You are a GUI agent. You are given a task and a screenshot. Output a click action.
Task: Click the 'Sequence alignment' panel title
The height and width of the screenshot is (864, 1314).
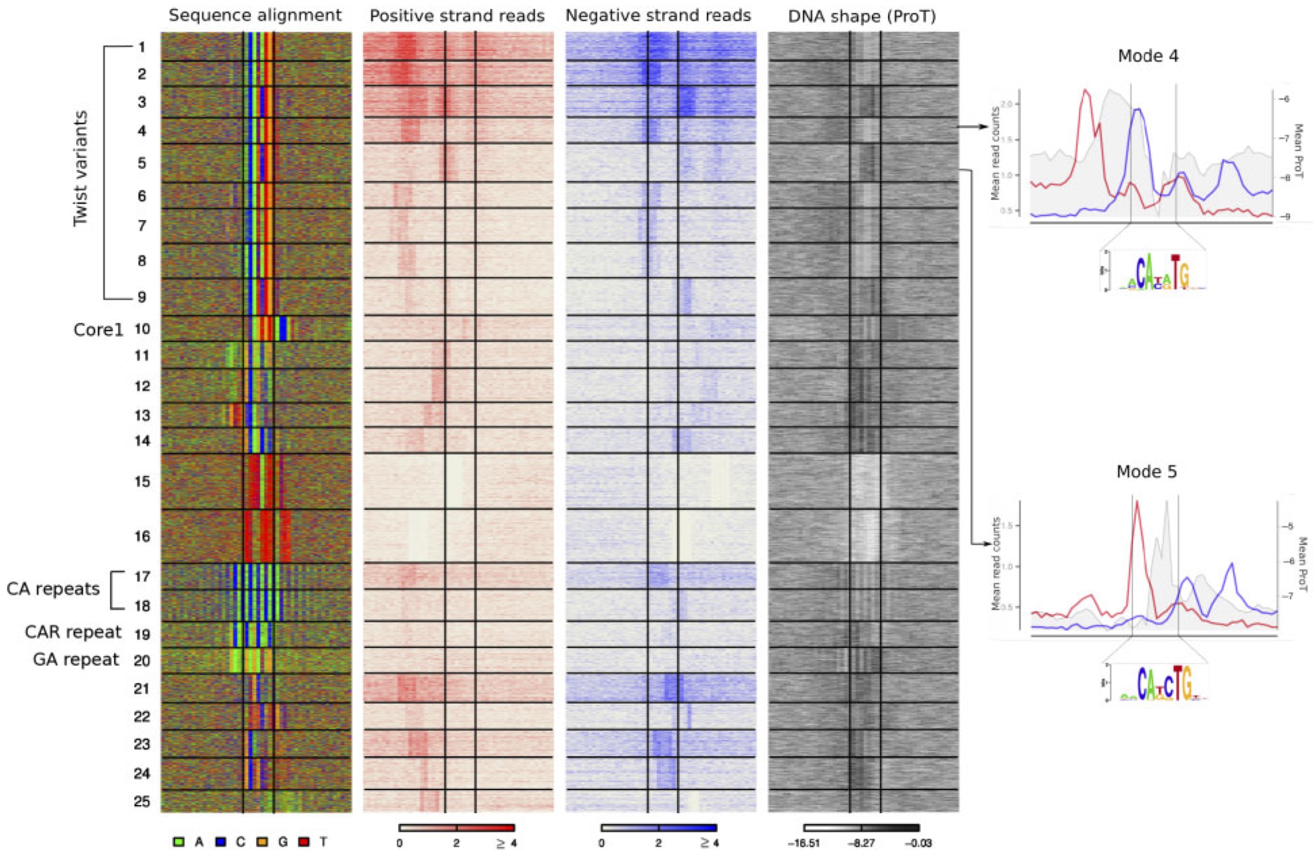(x=255, y=15)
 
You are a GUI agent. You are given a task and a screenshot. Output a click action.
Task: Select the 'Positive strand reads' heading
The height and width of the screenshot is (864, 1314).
(x=457, y=16)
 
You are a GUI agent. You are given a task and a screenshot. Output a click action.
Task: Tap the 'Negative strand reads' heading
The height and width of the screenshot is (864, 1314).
(x=658, y=15)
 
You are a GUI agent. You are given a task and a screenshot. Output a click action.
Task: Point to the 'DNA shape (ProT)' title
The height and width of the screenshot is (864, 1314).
(x=862, y=17)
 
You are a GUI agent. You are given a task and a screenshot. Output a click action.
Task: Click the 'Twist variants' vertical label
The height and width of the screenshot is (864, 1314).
(x=81, y=169)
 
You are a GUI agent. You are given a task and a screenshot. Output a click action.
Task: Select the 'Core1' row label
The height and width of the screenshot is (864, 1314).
(x=98, y=329)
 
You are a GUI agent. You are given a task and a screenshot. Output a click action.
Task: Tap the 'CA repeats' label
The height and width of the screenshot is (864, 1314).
(x=53, y=589)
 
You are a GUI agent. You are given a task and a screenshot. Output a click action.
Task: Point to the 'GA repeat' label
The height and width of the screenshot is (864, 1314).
(x=76, y=660)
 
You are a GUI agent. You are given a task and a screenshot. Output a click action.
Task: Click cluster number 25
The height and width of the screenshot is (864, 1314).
(x=142, y=801)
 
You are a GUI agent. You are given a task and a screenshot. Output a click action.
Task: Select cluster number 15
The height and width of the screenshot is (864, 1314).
(x=142, y=482)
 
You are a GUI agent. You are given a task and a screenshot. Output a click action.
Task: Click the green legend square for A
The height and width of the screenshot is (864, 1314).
(x=178, y=842)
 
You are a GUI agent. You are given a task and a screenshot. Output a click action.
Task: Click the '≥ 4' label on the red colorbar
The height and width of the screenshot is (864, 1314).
(x=507, y=844)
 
